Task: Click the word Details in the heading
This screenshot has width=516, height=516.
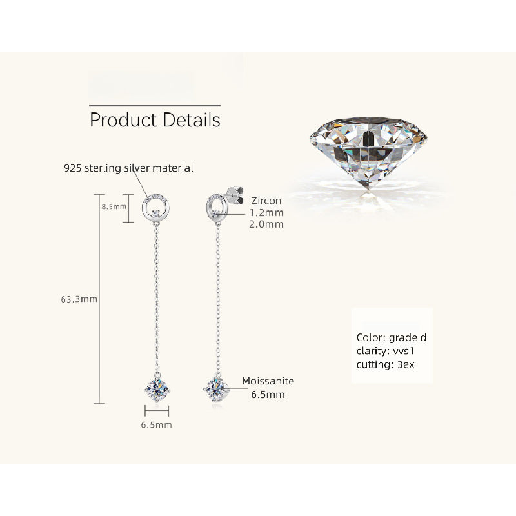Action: point(192,119)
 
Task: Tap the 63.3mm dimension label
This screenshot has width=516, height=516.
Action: point(79,299)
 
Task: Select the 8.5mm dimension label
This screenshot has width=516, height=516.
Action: point(114,206)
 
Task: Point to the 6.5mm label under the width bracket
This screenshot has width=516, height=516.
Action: point(157,425)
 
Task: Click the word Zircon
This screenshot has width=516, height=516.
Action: point(266,201)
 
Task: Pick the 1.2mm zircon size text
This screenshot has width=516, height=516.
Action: point(266,213)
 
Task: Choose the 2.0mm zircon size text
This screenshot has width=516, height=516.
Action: point(266,224)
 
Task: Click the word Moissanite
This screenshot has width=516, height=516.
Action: point(268,381)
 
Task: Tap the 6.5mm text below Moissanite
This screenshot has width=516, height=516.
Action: point(268,394)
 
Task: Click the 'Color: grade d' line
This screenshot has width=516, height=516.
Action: point(392,337)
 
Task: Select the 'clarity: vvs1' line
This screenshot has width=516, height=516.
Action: point(385,351)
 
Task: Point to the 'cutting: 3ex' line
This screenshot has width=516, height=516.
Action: point(385,364)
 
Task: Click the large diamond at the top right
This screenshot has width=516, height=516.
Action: point(368,152)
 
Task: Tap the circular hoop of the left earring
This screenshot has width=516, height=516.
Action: point(155,207)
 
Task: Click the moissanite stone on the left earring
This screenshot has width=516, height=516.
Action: point(157,390)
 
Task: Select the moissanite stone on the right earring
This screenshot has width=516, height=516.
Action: point(216,390)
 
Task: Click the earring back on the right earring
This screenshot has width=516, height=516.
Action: point(235,195)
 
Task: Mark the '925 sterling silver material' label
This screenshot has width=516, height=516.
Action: point(128,168)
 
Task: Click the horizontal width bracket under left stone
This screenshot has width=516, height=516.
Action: point(157,411)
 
